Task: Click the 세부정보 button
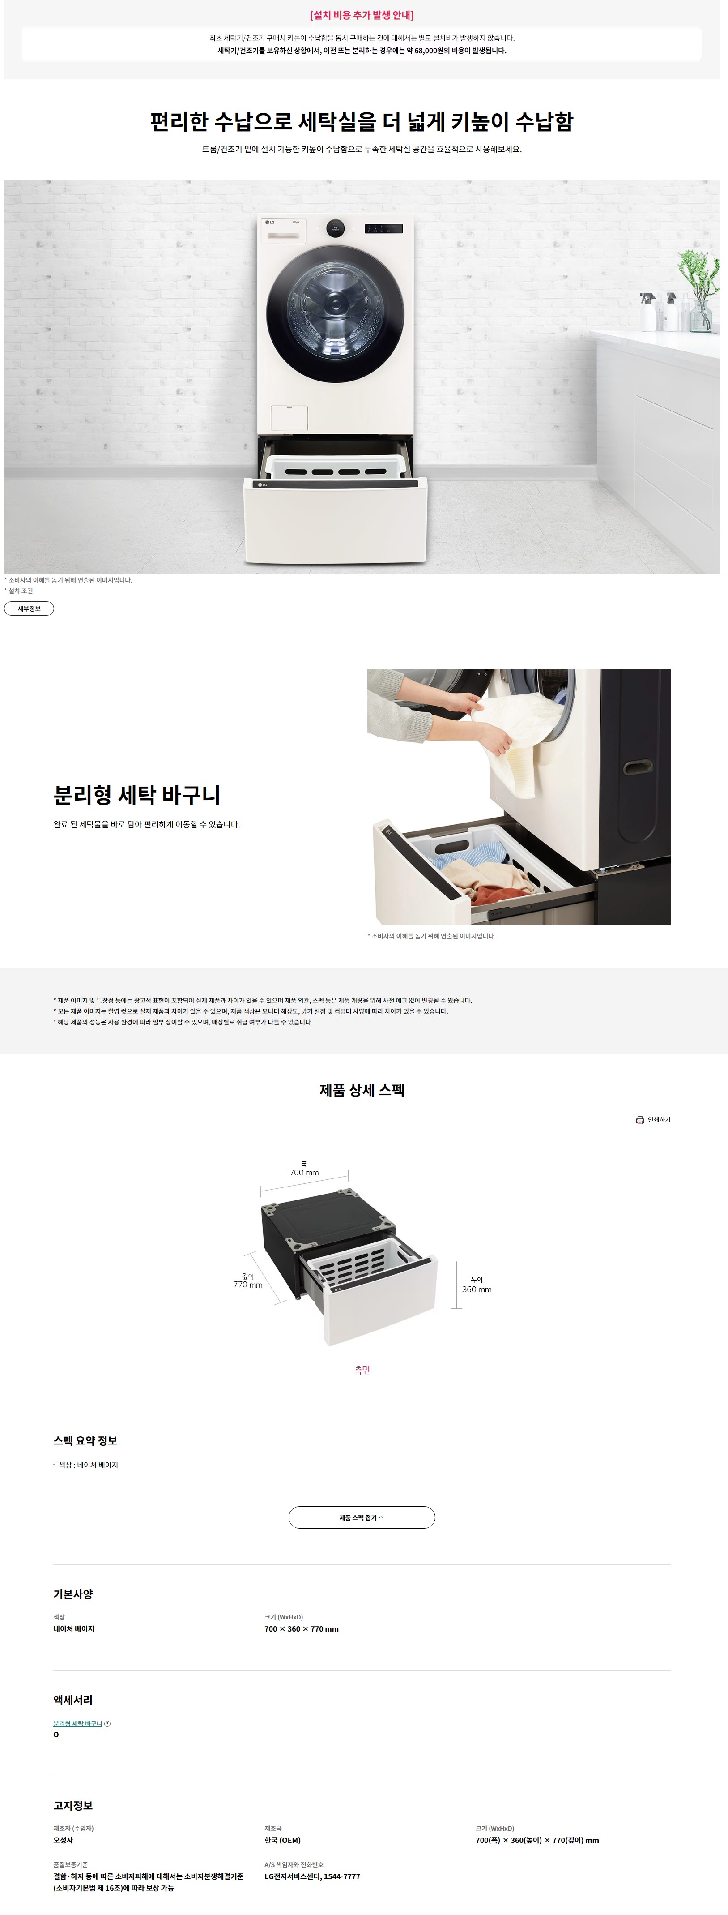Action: [29, 608]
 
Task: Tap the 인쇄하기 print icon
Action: [639, 1119]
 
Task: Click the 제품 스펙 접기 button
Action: [362, 1517]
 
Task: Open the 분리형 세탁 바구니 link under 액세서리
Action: [78, 1723]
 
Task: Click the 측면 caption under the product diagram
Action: [362, 1369]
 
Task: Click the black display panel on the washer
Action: [383, 229]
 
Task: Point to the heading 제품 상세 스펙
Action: [362, 1090]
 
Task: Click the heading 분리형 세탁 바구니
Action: [136, 795]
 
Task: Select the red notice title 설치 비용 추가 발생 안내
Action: [362, 15]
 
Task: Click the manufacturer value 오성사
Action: [63, 1840]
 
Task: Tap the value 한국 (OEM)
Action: [282, 1840]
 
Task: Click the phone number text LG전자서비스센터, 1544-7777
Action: [312, 1876]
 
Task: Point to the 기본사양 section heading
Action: [73, 1594]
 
